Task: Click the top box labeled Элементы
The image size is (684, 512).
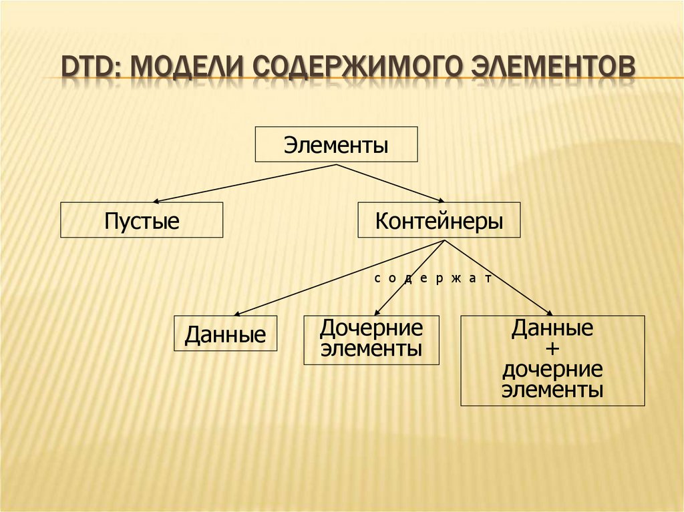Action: click(336, 144)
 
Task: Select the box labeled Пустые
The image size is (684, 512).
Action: click(142, 220)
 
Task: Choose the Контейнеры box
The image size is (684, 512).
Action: click(439, 220)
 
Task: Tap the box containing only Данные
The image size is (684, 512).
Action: click(225, 334)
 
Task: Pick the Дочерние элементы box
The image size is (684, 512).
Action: click(371, 340)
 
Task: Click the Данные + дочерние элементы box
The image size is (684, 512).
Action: click(552, 361)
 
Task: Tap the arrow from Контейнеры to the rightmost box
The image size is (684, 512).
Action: click(498, 277)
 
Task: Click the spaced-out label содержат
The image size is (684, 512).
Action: click(432, 278)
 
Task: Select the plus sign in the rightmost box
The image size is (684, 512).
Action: click(552, 349)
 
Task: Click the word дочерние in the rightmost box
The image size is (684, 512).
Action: click(553, 369)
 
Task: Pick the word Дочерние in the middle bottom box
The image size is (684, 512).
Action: click(371, 328)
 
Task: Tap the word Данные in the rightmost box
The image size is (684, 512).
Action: click(552, 328)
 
